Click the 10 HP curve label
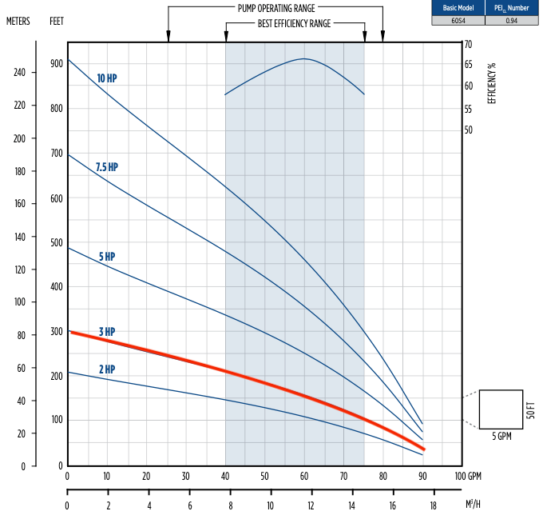tap(108, 78)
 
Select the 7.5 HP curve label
tap(106, 167)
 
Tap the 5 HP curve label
tap(107, 257)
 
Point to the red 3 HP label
tap(107, 331)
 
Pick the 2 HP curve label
tap(107, 369)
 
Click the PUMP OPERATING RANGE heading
tap(275, 7)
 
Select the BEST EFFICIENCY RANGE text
tap(295, 24)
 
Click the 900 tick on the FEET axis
tap(57, 63)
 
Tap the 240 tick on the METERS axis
tap(19, 72)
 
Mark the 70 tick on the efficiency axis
tap(468, 45)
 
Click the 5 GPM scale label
tap(501, 437)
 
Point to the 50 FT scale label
tap(532, 409)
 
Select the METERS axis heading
tap(18, 22)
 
